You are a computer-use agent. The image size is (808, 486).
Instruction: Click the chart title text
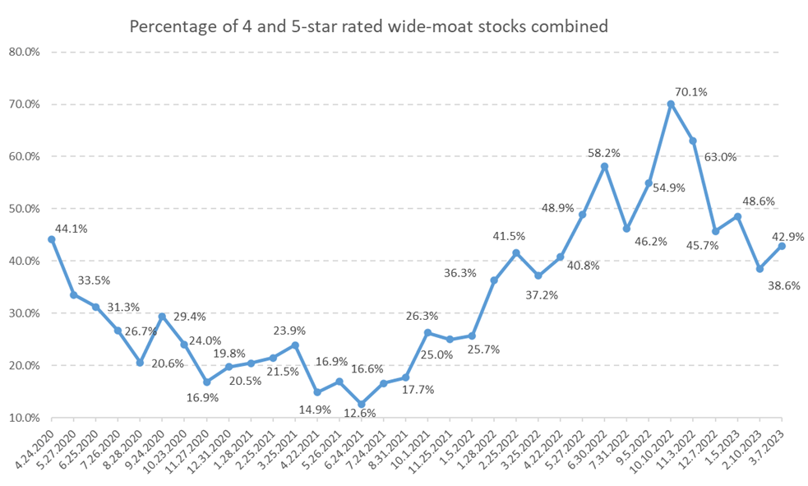(369, 26)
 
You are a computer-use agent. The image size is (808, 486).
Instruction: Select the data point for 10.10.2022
(671, 104)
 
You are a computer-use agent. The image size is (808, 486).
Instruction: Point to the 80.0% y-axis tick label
(29, 52)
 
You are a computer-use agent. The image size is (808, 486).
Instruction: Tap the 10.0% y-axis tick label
(29, 418)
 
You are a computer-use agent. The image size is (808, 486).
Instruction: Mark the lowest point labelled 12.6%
(361, 404)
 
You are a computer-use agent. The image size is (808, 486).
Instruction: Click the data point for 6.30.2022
(604, 166)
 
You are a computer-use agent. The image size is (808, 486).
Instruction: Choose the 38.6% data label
(780, 285)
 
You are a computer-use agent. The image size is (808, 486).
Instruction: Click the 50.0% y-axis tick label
(29, 209)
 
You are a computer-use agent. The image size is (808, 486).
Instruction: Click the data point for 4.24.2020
(52, 239)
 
